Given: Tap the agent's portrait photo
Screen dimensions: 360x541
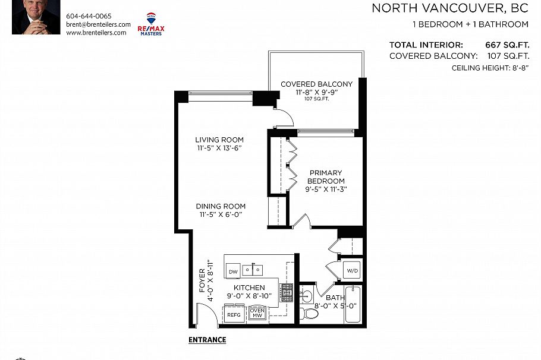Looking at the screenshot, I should [36, 17].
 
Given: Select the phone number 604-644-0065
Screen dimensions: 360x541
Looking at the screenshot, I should [89, 16].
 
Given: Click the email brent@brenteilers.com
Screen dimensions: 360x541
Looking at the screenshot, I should [98, 24].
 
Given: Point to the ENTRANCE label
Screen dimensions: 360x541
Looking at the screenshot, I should [207, 340].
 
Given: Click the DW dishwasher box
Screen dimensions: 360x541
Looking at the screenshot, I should [233, 271].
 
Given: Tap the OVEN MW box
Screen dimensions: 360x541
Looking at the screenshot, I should [257, 313].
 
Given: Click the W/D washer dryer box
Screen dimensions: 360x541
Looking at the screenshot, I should [353, 271].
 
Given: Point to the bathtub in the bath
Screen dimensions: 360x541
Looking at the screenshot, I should [353, 305].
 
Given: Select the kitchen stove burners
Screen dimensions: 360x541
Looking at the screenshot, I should [287, 292].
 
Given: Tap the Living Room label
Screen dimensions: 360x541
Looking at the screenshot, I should [219, 140].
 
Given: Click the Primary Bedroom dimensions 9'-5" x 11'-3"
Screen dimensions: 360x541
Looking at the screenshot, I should [326, 190].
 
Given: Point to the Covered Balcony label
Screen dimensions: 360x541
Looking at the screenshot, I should [316, 84].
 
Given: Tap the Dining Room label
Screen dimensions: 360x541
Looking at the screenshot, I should [221, 207].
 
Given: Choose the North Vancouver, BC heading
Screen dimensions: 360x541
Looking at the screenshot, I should [450, 8].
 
